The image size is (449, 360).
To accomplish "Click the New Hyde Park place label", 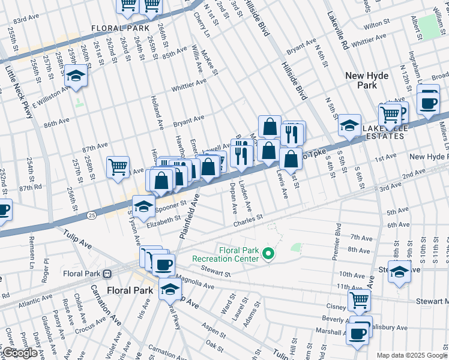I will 367,81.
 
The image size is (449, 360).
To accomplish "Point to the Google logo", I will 19,353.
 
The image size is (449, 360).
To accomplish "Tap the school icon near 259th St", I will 76,76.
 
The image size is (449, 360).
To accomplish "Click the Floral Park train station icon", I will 107,274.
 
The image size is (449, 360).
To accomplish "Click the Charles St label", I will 248,221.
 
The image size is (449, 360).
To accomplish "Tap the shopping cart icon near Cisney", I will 359,299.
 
